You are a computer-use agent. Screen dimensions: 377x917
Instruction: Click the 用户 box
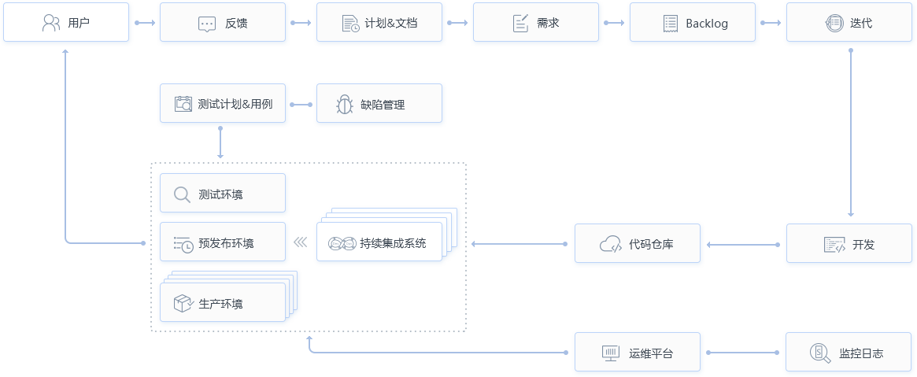(x=66, y=23)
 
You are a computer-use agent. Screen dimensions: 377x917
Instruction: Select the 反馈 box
(x=223, y=23)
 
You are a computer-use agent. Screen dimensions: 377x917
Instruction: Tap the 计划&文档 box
(x=379, y=23)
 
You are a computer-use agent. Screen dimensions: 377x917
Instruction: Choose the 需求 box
(x=536, y=23)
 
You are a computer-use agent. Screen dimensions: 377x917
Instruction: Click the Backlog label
(x=706, y=24)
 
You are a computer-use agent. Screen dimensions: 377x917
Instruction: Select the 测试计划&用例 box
(x=223, y=104)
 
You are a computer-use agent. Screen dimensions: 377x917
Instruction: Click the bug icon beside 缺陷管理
(x=344, y=104)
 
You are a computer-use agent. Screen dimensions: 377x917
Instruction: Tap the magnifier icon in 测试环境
(x=182, y=194)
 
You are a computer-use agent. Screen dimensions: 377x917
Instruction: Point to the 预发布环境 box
(x=223, y=243)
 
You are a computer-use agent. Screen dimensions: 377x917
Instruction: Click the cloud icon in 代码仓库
(x=611, y=244)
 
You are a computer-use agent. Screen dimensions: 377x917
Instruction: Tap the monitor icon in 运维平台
(x=611, y=353)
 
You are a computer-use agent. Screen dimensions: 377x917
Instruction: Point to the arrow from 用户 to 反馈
(x=144, y=23)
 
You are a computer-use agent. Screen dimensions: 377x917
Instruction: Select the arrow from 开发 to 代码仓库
(x=743, y=245)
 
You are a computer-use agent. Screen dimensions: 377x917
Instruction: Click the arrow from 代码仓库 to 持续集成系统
(x=520, y=244)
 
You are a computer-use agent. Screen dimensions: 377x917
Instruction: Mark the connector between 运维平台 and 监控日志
(x=744, y=353)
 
